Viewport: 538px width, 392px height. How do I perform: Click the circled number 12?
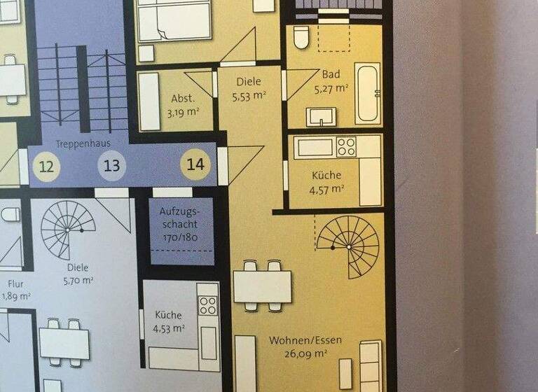(x=46, y=167)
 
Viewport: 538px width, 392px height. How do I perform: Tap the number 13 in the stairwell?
(x=112, y=167)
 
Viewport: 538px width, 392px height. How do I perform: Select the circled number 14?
(x=197, y=165)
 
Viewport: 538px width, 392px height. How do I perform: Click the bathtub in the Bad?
(x=368, y=94)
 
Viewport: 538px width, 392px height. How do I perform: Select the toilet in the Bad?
(x=302, y=37)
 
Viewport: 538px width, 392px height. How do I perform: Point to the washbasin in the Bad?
(x=319, y=115)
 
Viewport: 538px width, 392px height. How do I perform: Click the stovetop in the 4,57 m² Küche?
(x=346, y=147)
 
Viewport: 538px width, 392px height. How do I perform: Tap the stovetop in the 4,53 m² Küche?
(x=207, y=306)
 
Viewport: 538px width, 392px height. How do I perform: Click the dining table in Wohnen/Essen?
(x=263, y=286)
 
